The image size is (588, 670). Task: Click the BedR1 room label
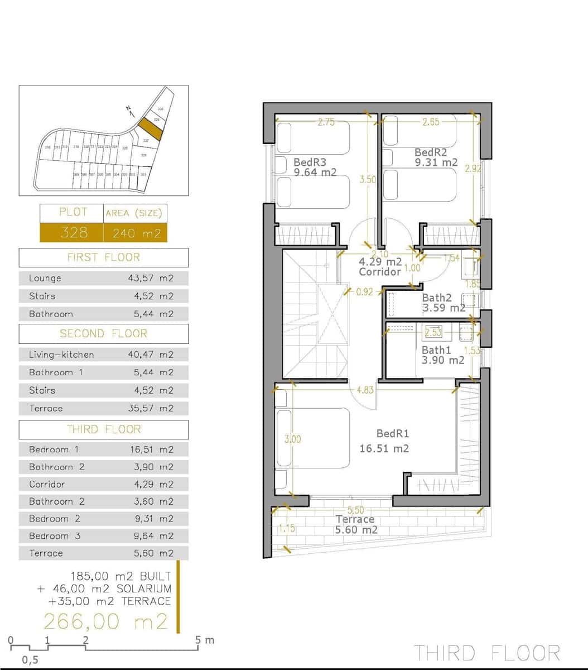(393, 433)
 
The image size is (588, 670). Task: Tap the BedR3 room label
(310, 162)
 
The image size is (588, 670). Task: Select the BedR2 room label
(431, 152)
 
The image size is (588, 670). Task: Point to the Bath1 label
(436, 350)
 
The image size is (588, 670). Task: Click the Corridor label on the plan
(380, 272)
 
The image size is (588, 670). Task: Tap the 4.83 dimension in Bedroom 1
(365, 390)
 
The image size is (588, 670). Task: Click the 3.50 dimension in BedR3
(368, 180)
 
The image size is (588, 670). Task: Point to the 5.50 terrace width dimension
(355, 510)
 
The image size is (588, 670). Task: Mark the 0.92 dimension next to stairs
(364, 291)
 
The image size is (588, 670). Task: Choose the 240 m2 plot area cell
(136, 233)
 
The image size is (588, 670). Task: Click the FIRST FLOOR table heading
(103, 257)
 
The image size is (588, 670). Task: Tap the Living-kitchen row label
(61, 355)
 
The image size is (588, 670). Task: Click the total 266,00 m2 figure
(105, 621)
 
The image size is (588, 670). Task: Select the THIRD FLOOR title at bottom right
(486, 653)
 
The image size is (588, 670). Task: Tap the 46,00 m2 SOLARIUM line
(104, 588)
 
